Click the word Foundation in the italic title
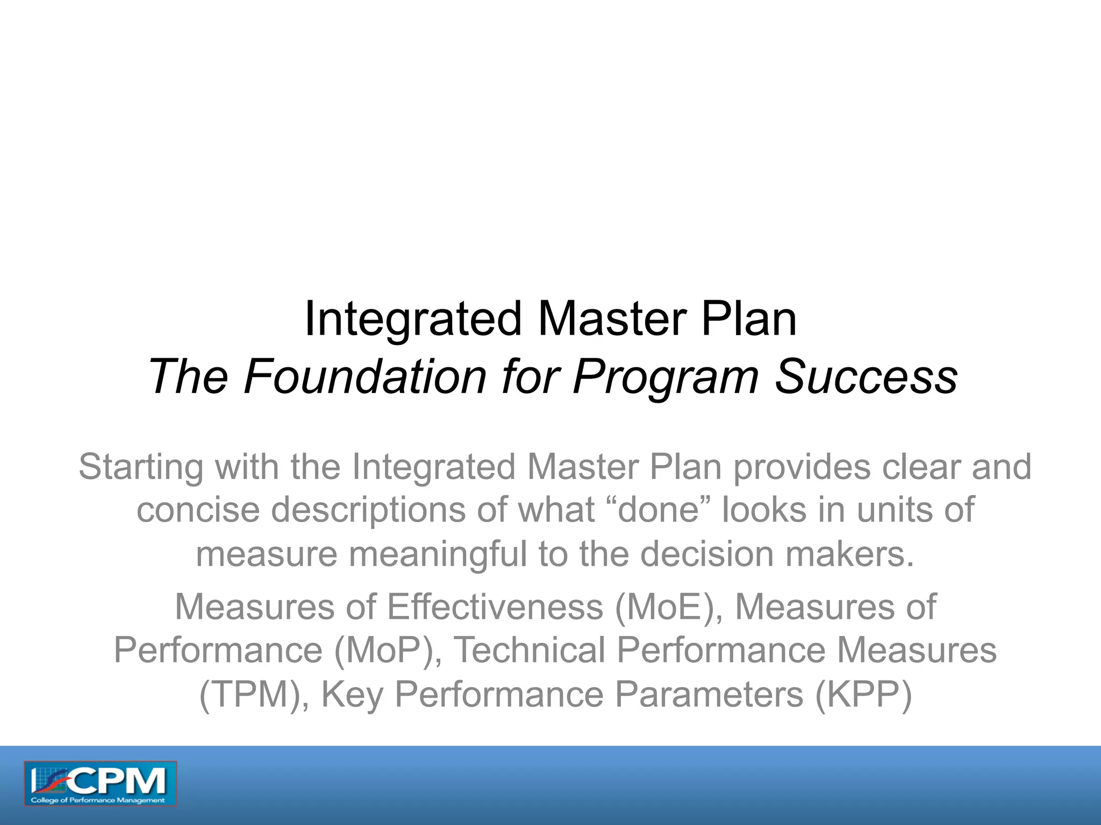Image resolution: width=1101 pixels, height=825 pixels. coord(366,377)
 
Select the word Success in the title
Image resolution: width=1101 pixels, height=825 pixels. coord(866,377)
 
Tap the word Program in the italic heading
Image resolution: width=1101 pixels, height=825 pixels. coord(666,377)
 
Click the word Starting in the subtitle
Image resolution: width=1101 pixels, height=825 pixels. coord(141,467)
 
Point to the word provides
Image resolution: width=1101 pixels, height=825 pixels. coord(801,467)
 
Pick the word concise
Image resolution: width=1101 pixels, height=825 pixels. coord(198,510)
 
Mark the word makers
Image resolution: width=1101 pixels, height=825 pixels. coord(850,554)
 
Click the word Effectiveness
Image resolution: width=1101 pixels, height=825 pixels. coord(495,607)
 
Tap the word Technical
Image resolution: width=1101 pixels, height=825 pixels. coord(530,650)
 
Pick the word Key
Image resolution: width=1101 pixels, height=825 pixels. coord(352,694)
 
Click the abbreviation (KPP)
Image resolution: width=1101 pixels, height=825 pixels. coord(863,694)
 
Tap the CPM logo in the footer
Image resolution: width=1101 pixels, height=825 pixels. coord(100,784)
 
